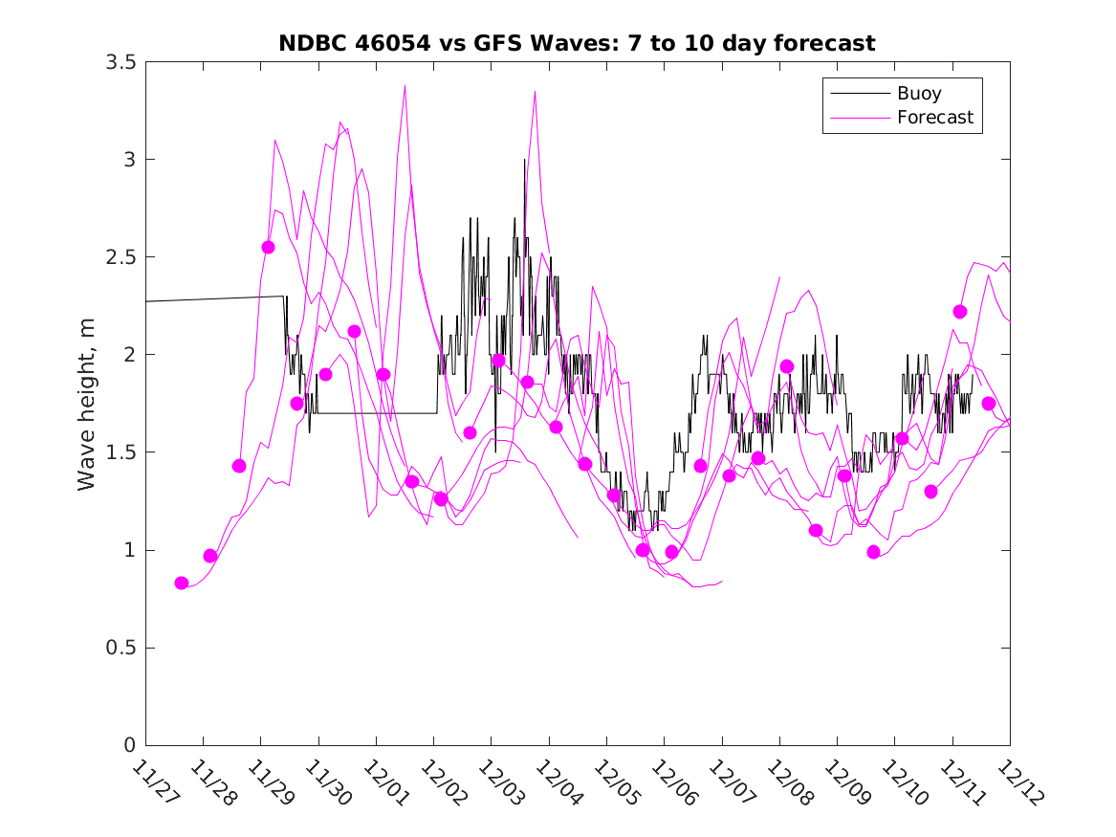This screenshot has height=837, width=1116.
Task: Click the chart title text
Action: click(x=577, y=43)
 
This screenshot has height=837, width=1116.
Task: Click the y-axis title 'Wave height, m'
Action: click(x=87, y=404)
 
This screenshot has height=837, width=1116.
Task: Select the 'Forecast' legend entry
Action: click(x=934, y=118)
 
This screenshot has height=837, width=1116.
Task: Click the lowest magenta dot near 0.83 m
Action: click(x=182, y=583)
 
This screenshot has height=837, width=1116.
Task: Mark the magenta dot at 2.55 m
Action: click(x=268, y=247)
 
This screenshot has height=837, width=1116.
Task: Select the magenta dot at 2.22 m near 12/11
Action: click(x=960, y=312)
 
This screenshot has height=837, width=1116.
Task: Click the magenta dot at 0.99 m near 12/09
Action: click(x=873, y=552)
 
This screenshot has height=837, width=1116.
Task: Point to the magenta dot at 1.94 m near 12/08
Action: click(x=787, y=366)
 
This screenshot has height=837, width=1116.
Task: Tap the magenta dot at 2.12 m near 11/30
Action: click(x=355, y=331)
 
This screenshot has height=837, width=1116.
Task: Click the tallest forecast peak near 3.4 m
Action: click(x=405, y=86)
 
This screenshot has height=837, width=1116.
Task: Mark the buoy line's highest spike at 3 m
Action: click(x=524, y=160)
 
